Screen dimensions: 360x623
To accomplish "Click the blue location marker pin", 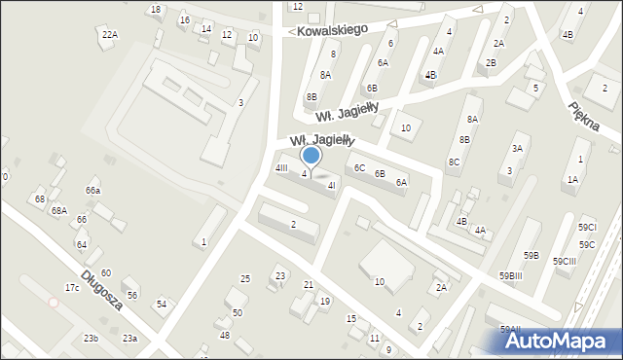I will point(311,156).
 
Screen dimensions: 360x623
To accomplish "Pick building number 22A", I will point(110,34).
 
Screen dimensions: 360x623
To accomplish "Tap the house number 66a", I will point(92,191).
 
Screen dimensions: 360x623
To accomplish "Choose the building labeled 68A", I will point(59,210).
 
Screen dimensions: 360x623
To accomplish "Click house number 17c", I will point(72,288).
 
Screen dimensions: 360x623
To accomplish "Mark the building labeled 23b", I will point(91,338).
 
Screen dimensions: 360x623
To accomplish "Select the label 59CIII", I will point(565,261).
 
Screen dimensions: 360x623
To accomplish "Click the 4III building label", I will point(281,168).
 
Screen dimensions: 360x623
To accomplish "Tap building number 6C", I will point(359,167).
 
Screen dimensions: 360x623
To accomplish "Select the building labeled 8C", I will point(454,162).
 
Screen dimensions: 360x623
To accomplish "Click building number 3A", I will point(518,149).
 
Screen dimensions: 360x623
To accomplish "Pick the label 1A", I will point(573,179).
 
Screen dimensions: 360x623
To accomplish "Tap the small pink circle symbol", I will point(54,303).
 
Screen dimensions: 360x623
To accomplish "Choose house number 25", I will point(245,279).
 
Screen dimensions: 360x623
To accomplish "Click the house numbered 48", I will point(224,335).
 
